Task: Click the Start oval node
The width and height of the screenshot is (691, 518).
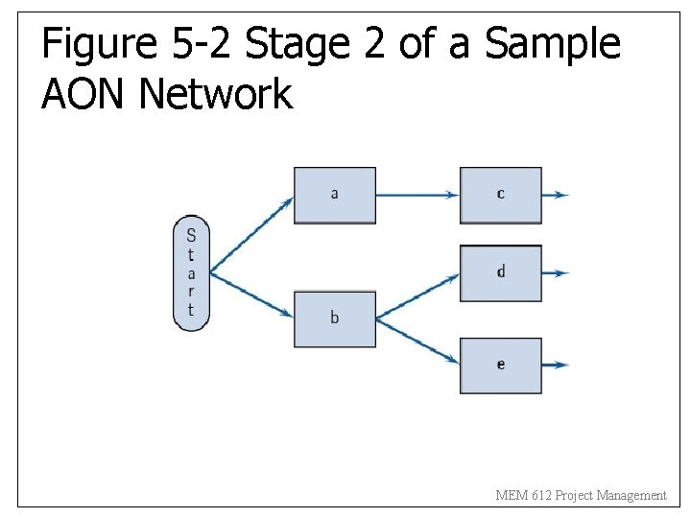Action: click(x=190, y=273)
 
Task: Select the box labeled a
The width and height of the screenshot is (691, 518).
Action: click(x=334, y=196)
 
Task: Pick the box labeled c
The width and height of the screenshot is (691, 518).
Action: click(x=500, y=196)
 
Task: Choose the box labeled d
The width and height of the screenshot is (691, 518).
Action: click(x=500, y=273)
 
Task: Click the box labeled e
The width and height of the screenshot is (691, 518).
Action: click(x=500, y=365)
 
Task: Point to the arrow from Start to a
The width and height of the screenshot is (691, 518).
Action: click(x=251, y=234)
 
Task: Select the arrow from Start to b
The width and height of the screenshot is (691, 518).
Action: click(x=251, y=294)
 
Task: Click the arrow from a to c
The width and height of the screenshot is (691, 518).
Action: click(x=417, y=195)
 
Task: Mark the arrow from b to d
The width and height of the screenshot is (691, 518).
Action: click(x=417, y=296)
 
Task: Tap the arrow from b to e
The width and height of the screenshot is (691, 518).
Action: click(x=417, y=341)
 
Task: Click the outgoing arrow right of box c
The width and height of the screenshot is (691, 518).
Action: click(x=556, y=195)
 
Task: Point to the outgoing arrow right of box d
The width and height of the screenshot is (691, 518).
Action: click(x=556, y=273)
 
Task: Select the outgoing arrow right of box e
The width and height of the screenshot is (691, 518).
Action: click(x=556, y=365)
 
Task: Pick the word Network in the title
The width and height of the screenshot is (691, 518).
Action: click(x=216, y=95)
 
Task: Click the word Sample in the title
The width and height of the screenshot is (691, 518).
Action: click(x=553, y=45)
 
